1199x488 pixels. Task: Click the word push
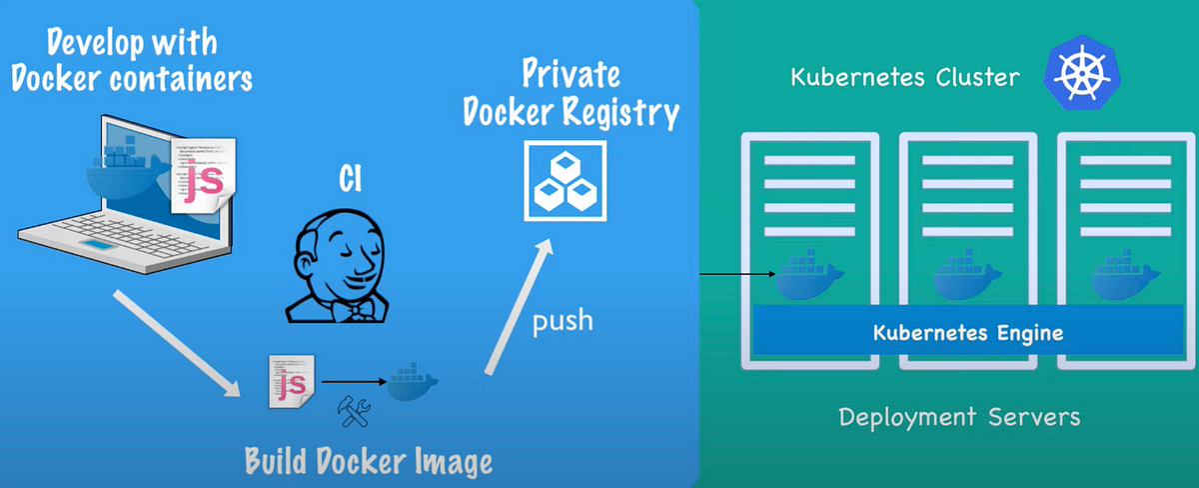point(562,320)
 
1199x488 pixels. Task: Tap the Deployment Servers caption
point(959,416)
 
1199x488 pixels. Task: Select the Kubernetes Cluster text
point(906,77)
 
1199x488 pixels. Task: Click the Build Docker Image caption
point(370,461)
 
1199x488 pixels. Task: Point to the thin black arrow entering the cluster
point(737,273)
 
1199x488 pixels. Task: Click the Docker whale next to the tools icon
point(412,381)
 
